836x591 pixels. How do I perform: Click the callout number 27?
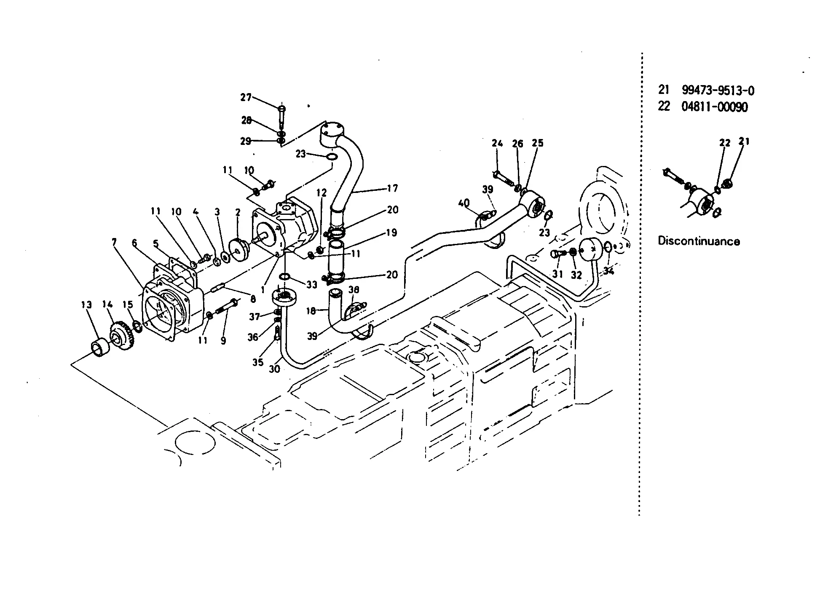[246, 97]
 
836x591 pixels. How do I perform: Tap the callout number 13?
[86, 305]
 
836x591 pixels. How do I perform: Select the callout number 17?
[393, 188]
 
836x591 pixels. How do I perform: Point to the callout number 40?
[464, 204]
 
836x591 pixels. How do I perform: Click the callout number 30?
[274, 369]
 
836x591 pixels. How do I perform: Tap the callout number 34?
[608, 271]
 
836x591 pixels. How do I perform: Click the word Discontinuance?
[699, 241]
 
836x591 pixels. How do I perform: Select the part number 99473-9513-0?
[718, 91]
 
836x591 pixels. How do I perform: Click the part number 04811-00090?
[715, 107]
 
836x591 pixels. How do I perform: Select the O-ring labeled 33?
[285, 276]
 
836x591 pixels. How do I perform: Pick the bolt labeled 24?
[502, 176]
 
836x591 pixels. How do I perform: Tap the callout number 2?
[238, 212]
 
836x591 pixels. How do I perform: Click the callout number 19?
[391, 233]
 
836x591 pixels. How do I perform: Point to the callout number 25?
[538, 143]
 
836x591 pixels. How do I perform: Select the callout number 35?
[258, 362]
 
